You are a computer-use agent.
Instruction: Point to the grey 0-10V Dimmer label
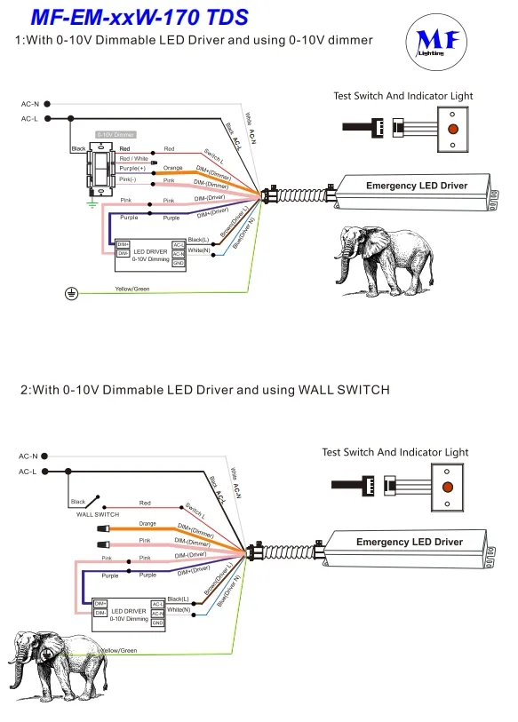pyautogui.click(x=116, y=134)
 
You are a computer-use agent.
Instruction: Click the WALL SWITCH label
pyautogui.click(x=97, y=514)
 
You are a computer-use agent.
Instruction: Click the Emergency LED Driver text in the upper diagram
pyautogui.click(x=416, y=186)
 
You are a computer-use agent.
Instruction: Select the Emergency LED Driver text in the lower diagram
pyautogui.click(x=409, y=542)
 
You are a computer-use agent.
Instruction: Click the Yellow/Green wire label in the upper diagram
pyautogui.click(x=131, y=289)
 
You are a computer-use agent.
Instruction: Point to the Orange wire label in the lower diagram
pyautogui.click(x=147, y=524)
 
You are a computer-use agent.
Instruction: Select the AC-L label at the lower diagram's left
pyautogui.click(x=28, y=472)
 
